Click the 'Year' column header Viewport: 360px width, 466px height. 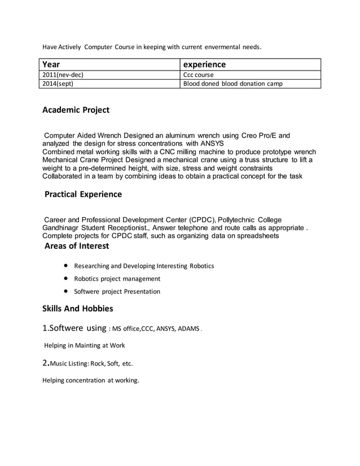tap(52, 64)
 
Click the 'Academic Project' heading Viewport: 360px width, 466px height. tap(76, 109)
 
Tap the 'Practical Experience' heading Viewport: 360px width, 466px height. tap(83, 194)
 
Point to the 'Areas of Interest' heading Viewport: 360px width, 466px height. tap(77, 246)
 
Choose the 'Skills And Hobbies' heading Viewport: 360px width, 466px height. tap(78, 308)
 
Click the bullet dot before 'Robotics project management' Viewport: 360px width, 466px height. tap(67, 278)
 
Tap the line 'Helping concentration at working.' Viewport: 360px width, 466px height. tap(91, 380)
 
